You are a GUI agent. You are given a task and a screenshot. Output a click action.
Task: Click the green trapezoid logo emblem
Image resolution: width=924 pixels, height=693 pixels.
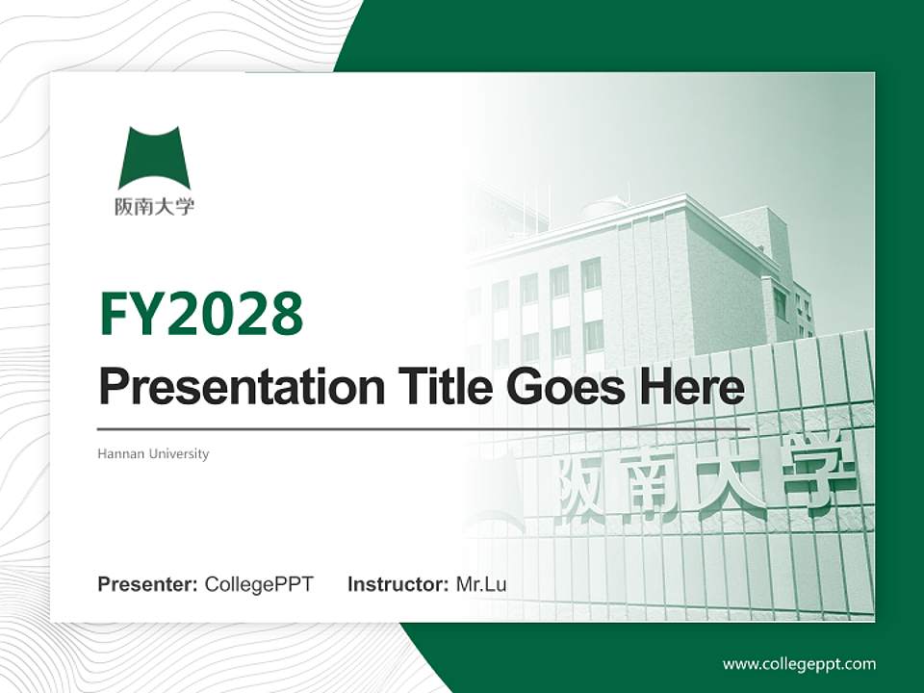(154, 158)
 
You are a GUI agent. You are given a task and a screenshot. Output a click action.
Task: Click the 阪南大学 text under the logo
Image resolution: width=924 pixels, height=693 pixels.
(154, 207)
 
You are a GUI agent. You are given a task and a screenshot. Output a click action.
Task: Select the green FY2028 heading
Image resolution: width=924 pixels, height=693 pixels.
(201, 314)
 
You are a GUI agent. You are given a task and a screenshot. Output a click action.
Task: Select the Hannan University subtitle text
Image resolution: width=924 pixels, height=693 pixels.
(153, 453)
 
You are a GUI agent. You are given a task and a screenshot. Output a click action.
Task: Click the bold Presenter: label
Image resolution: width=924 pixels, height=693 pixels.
(148, 584)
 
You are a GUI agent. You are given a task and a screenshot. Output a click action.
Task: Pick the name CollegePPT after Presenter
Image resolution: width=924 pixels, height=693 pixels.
(259, 584)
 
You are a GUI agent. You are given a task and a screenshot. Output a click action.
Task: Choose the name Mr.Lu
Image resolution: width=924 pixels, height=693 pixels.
(481, 584)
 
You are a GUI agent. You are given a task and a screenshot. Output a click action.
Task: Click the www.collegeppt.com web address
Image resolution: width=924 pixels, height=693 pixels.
(799, 664)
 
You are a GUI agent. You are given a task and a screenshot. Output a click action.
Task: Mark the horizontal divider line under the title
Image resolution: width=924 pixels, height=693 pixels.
(423, 428)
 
